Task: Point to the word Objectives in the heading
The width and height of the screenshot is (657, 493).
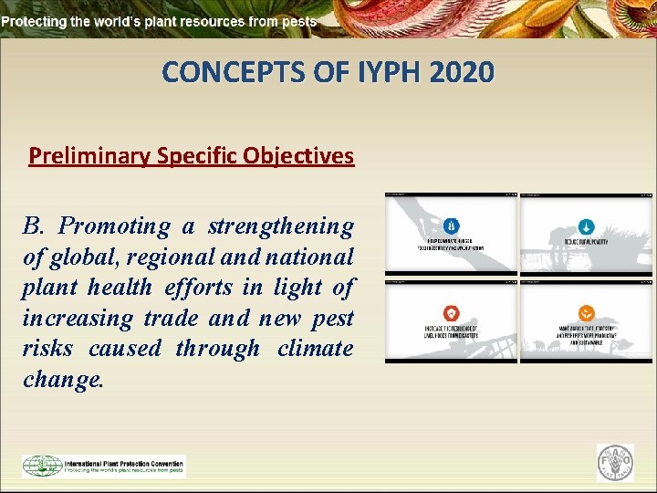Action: tap(298, 156)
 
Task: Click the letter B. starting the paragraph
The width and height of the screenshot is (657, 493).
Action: tap(36, 226)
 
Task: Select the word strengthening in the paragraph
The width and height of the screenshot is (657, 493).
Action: tap(281, 226)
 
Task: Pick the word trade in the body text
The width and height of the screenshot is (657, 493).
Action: tap(174, 318)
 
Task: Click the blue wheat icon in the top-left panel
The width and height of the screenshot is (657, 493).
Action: tap(451, 225)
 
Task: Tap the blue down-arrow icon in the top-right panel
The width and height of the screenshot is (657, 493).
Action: tap(587, 225)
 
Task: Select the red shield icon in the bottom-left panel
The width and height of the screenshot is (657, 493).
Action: tap(451, 311)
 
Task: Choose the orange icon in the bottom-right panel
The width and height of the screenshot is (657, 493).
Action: tap(587, 311)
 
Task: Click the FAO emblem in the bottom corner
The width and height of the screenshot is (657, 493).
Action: tap(614, 463)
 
